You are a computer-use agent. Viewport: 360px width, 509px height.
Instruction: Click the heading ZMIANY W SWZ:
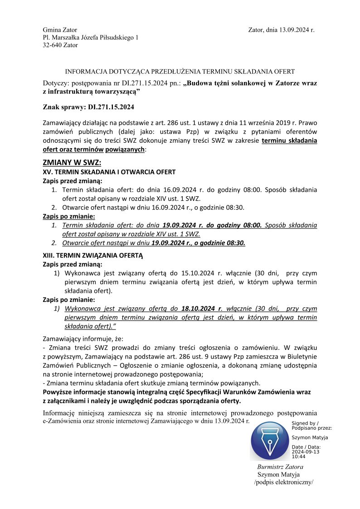pyautogui.click(x=72, y=163)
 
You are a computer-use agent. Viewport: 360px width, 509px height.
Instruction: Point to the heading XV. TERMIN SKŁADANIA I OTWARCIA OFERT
pyautogui.click(x=109, y=172)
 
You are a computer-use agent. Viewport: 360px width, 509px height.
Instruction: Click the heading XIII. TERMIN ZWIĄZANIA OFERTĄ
pyautogui.click(x=92, y=255)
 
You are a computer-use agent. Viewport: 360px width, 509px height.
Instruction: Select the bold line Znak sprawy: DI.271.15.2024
pyautogui.click(x=88, y=107)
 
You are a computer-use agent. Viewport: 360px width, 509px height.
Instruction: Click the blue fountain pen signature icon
pyautogui.click(x=270, y=441)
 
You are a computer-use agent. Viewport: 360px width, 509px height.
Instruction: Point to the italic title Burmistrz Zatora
pyautogui.click(x=280, y=467)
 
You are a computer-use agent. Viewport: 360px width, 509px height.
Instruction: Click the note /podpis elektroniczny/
pyautogui.click(x=284, y=482)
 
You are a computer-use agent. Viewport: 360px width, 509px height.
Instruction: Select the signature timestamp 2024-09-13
pyautogui.click(x=305, y=452)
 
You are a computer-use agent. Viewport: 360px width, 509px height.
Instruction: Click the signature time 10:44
pyautogui.click(x=298, y=457)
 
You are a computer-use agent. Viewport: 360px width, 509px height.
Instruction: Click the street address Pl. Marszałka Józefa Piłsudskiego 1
pyautogui.click(x=90, y=38)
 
